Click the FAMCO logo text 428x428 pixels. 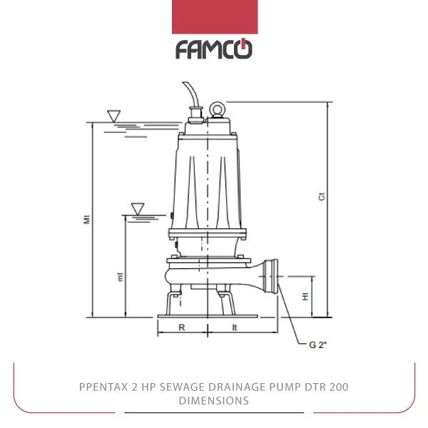coord(214,49)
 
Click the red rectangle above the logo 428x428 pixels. coord(215,17)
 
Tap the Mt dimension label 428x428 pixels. coord(86,220)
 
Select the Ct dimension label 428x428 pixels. coord(322,197)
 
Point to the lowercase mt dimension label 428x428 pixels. coord(120,277)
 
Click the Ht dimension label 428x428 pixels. coord(305,296)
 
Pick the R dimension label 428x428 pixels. coord(182,327)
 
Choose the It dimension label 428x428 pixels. coord(235,327)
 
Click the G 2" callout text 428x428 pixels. coord(317,345)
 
